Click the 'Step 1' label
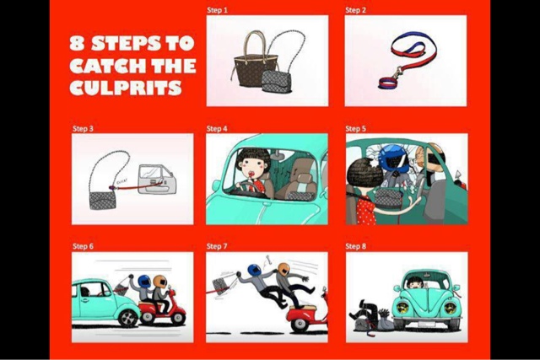coord(217,10)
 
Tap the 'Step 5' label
coord(356,128)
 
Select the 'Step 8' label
coord(356,246)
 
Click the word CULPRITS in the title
coord(126,88)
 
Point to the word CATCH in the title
coord(105,66)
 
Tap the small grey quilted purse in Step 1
coord(276,82)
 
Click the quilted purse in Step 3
coord(103,201)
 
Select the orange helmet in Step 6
coord(159,281)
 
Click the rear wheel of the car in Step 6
coord(127,318)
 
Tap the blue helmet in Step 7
coord(255,270)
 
